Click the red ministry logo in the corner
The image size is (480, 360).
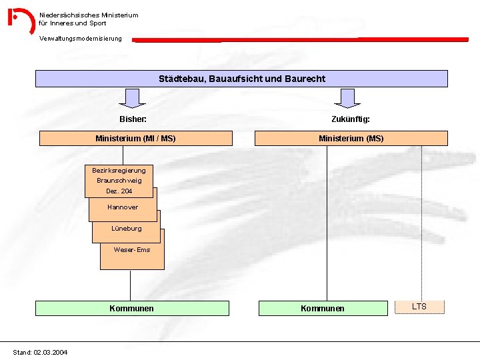[x=21, y=20]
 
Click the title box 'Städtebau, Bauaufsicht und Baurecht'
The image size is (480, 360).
[x=241, y=79]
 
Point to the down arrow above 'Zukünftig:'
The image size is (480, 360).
[x=347, y=99]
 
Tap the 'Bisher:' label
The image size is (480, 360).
[x=133, y=119]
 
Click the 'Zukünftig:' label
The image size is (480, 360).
[x=351, y=119]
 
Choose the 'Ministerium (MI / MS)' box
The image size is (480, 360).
[x=136, y=139]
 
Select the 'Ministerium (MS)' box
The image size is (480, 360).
[x=351, y=139]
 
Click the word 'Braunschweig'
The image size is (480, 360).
[x=119, y=181]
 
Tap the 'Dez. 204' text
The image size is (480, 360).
[x=119, y=191]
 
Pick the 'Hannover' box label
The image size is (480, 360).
[x=123, y=207]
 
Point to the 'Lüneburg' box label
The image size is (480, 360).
[x=127, y=229]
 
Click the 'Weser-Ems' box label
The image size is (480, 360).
[x=132, y=250]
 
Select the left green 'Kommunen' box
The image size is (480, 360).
[x=131, y=308]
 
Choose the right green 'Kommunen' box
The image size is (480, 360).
[x=323, y=308]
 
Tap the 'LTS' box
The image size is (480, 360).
[x=419, y=307]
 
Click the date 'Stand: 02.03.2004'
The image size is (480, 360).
[x=40, y=352]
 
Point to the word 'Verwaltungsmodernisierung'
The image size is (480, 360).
[x=81, y=39]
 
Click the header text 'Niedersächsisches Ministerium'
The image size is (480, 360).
[x=89, y=15]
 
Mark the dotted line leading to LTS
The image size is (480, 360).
[x=421, y=220]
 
